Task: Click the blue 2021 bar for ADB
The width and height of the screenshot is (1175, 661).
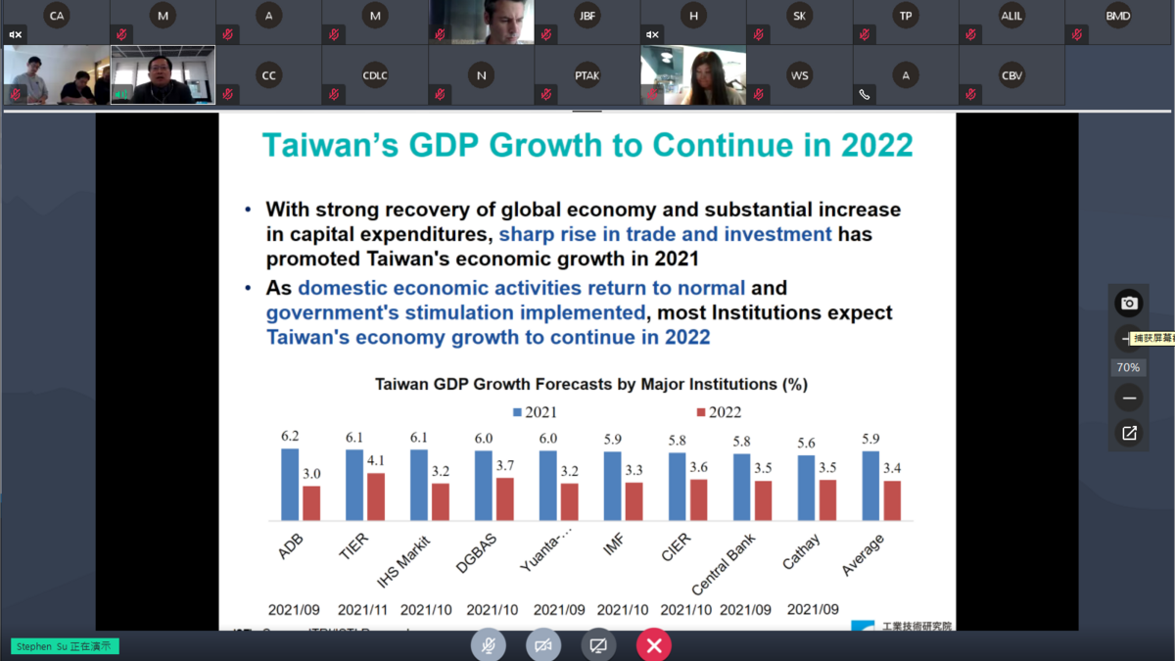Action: point(290,485)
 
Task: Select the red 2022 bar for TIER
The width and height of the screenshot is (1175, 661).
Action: point(376,496)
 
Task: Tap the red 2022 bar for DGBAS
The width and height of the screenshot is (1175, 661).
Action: point(505,499)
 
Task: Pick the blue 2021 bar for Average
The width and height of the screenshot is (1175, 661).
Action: point(870,486)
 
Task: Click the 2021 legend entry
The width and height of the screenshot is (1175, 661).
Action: point(535,412)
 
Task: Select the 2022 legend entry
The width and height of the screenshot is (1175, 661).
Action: point(719,412)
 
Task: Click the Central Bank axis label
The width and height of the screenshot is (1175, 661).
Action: point(725,565)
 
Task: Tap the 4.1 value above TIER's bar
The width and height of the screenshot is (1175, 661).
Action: point(376,460)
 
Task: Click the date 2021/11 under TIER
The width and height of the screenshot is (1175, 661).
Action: point(363,609)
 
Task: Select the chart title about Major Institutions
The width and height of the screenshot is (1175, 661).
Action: point(591,384)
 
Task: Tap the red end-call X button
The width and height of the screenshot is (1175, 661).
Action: point(654,645)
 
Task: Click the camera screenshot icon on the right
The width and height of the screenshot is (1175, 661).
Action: point(1129,304)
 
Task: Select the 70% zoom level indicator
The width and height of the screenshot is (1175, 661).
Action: point(1128,367)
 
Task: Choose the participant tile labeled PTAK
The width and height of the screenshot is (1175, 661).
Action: point(587,75)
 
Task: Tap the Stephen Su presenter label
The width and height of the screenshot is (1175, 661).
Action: point(65,646)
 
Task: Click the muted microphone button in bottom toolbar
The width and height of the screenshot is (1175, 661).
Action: point(488,645)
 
